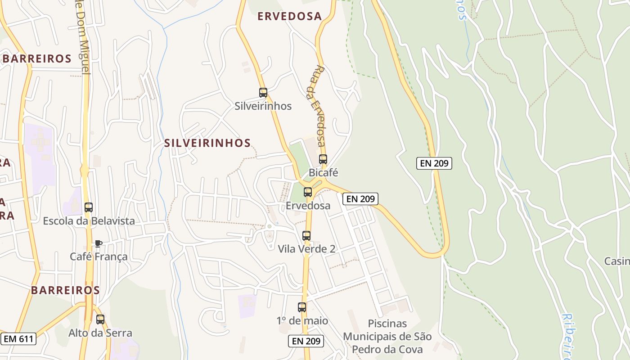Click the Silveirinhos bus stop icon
point(263,93)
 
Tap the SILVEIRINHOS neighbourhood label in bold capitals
point(207,143)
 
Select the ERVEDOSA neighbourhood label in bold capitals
point(289,17)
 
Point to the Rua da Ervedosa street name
point(318,106)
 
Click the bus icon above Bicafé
point(323,159)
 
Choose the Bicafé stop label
point(323,172)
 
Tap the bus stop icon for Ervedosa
point(308,192)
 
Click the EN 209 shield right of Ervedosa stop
point(360,198)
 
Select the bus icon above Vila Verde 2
point(306,235)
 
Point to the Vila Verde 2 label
point(306,249)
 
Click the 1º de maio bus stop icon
point(302,307)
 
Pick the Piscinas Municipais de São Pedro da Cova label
point(387,336)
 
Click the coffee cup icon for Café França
point(98,243)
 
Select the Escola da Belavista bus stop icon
point(89,207)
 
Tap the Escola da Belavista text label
point(89,221)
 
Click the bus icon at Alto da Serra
point(100,319)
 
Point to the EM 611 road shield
point(18,339)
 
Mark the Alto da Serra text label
point(100,333)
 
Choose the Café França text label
point(99,256)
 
